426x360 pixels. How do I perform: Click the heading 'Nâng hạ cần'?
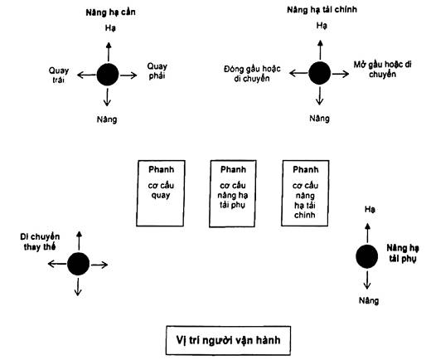110,12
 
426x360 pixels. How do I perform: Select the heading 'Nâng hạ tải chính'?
322,10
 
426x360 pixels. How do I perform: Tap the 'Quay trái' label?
59,75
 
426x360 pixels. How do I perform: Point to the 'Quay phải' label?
157,71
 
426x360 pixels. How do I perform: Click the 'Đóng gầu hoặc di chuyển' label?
252,74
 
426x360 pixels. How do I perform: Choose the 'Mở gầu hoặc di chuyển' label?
383,70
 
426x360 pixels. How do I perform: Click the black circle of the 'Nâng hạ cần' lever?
108,75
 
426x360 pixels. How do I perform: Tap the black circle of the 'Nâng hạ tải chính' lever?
320,73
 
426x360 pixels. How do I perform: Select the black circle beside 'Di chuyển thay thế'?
78,264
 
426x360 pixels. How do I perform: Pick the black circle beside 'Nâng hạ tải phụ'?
367,256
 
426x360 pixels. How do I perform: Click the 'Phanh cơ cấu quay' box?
161,193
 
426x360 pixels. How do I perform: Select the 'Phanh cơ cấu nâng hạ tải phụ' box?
233,193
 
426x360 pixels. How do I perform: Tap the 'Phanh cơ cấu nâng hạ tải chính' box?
305,193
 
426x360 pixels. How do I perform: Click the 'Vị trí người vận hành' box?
228,340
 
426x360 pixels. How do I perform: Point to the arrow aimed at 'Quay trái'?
87,75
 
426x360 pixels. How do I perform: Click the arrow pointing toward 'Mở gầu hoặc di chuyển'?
340,74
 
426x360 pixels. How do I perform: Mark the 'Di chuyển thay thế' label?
40,242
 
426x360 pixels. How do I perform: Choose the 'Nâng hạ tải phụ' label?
403,253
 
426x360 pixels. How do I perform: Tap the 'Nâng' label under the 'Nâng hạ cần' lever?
107,119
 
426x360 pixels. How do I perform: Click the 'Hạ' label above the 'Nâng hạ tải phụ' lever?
370,209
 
